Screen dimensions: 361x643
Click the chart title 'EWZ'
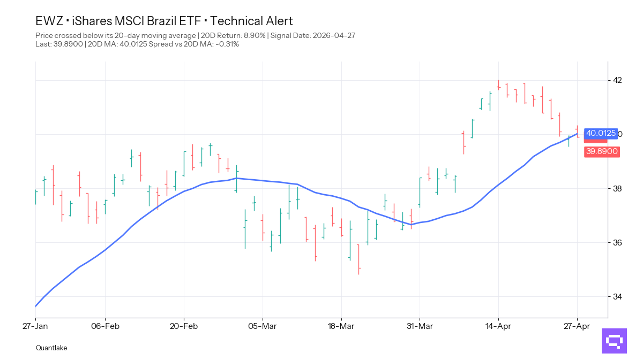(x=49, y=21)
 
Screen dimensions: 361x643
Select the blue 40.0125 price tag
(x=601, y=133)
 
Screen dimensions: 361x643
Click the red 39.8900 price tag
(x=602, y=151)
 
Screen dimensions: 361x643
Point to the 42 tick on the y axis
(x=617, y=80)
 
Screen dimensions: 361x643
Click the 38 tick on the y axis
(x=617, y=188)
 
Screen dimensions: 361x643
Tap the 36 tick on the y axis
(x=617, y=242)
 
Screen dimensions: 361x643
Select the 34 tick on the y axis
(x=617, y=296)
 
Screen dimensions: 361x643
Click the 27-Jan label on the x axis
(x=35, y=325)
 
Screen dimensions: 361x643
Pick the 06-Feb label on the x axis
(x=105, y=325)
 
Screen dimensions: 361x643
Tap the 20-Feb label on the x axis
(x=184, y=325)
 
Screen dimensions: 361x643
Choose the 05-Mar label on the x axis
(x=263, y=325)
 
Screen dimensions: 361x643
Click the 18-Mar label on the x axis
(x=341, y=325)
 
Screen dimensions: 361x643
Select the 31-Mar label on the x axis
(x=420, y=325)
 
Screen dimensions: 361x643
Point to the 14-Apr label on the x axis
(x=498, y=325)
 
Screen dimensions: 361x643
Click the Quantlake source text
(x=51, y=348)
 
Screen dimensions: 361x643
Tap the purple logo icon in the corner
(x=614, y=341)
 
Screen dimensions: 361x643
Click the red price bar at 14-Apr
(x=498, y=85)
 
